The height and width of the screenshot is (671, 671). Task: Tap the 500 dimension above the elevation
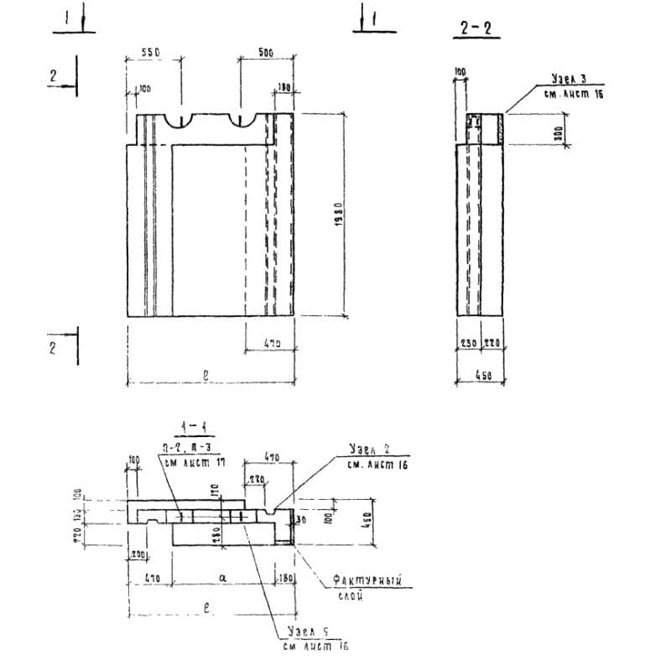[x=265, y=52]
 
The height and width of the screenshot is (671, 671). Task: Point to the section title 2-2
[x=479, y=29]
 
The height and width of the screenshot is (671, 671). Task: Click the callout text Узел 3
[x=568, y=79]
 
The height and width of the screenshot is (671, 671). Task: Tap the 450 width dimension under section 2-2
[x=483, y=377]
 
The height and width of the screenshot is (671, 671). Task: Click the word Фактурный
[x=363, y=580]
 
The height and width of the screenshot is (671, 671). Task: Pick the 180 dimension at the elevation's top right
[x=283, y=87]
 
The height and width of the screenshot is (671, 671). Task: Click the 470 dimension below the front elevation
[x=270, y=343]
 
